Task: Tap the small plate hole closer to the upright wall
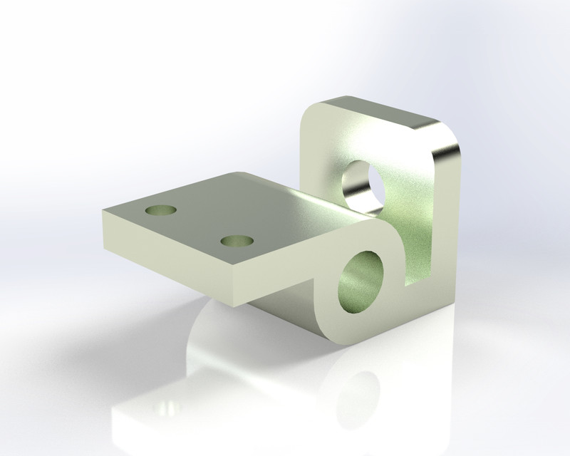238,241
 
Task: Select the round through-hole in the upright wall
363,187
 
